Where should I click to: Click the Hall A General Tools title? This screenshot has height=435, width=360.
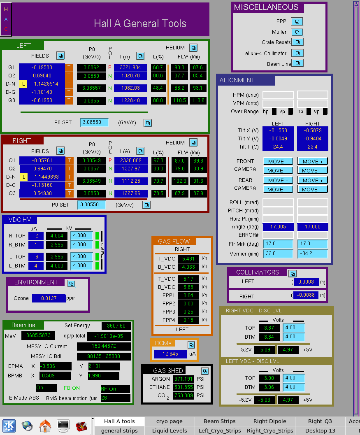(x=140, y=23)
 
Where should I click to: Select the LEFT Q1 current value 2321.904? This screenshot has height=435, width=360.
(x=130, y=67)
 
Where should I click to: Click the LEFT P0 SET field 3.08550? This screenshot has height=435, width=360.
(x=94, y=122)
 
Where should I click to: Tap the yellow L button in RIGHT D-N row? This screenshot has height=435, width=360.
(x=24, y=177)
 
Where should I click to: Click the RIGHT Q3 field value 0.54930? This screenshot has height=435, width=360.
(x=42, y=193)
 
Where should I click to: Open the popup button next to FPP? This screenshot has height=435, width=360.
(x=297, y=21)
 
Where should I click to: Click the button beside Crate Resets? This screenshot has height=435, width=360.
(x=297, y=42)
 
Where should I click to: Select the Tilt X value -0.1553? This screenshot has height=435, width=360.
(x=278, y=130)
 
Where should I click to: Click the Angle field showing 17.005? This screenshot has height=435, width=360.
(x=278, y=227)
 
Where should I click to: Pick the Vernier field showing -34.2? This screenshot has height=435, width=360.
(x=312, y=254)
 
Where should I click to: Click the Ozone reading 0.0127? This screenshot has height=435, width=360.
(x=49, y=298)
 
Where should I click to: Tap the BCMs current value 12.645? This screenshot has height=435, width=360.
(x=170, y=354)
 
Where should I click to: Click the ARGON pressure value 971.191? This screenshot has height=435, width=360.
(x=183, y=379)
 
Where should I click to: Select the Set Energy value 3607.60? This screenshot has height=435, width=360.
(x=116, y=326)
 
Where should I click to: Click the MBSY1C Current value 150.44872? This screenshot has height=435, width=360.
(x=104, y=346)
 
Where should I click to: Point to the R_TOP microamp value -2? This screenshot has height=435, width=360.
(x=36, y=236)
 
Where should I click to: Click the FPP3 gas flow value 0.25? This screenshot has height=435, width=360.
(x=188, y=312)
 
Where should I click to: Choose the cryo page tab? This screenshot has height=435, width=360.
(x=170, y=421)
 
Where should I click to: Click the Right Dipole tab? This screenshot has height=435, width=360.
(x=270, y=421)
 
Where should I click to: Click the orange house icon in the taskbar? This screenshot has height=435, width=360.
(x=45, y=426)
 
